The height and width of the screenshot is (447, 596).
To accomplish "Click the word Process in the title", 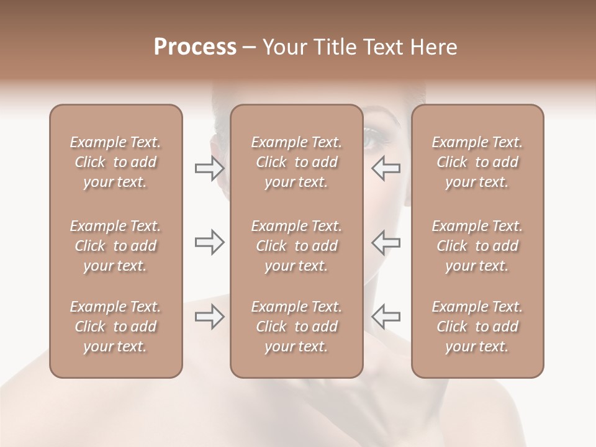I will pos(195,47).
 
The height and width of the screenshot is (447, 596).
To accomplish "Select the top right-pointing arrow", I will pos(210,168).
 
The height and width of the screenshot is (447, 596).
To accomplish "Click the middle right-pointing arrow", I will pos(210,242).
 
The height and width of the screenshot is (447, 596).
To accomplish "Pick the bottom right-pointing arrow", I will pos(210,317).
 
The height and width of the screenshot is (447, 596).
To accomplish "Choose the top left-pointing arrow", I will pos(386,168).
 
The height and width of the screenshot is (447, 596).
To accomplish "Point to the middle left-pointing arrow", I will pos(386,242).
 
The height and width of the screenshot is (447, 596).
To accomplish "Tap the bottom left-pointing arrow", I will pos(386,317).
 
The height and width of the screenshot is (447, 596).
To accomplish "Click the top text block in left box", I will pos(115,162).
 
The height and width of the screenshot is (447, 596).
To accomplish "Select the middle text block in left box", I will pos(115,246).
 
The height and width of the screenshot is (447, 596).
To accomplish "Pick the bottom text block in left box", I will pos(115,327).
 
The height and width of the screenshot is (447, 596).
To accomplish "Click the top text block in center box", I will pos(297,162).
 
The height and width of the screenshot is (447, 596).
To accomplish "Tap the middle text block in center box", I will pos(297,246).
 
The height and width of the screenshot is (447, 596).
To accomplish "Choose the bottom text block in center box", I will pos(297,327).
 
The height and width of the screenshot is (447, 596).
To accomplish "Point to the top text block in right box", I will pos(477,162).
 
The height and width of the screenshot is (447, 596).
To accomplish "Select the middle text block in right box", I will pos(477,246).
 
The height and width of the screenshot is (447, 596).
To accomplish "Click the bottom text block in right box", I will pos(477,327).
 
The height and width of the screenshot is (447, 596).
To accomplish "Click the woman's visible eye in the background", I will pos(373,138).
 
